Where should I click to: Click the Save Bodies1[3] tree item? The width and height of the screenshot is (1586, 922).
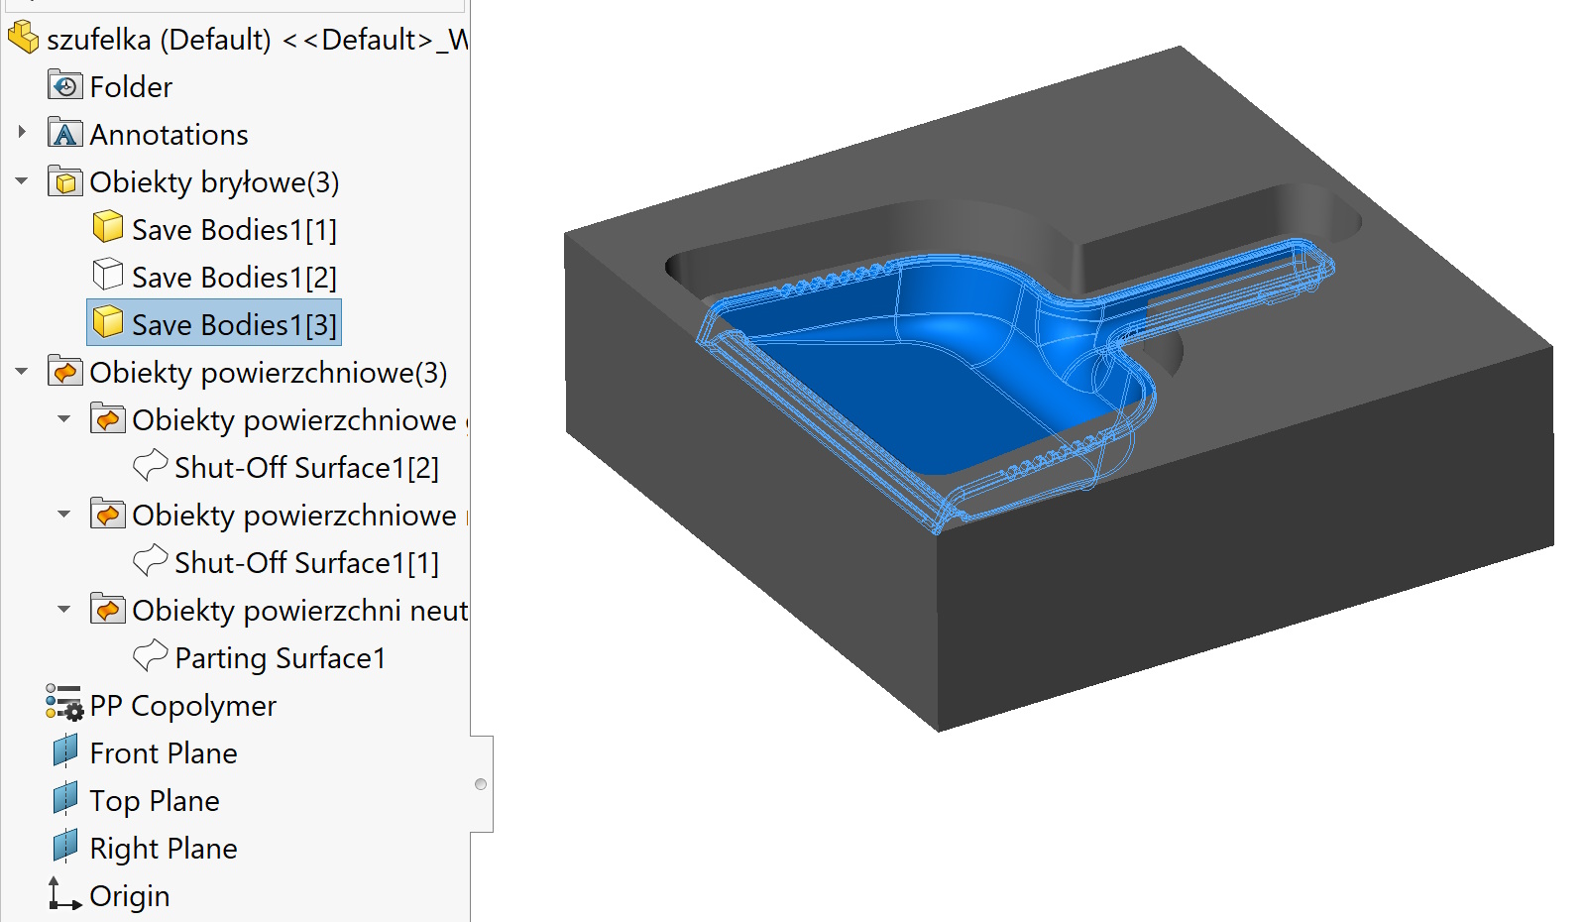[233, 324]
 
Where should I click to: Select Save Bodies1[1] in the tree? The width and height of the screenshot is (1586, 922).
[233, 229]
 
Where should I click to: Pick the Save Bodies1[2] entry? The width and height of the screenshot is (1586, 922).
[233, 277]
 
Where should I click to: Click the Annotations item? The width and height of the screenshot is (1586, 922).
[169, 134]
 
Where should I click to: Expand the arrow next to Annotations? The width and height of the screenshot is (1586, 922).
[22, 132]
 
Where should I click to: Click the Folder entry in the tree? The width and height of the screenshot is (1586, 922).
[130, 86]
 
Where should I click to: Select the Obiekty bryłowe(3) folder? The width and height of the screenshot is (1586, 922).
[213, 181]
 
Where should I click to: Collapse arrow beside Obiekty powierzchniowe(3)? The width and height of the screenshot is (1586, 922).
[22, 372]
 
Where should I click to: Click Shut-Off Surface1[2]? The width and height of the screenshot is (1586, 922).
[305, 467]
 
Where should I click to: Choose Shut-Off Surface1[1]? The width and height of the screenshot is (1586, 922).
[305, 562]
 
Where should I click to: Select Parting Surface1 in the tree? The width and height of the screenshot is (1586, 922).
[279, 657]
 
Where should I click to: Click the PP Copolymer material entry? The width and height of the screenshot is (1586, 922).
[182, 705]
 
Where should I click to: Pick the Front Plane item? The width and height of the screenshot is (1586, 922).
[163, 752]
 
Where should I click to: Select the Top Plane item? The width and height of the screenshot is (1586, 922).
[154, 800]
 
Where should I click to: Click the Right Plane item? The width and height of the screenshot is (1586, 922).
[163, 848]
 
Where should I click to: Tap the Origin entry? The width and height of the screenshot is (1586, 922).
[129, 895]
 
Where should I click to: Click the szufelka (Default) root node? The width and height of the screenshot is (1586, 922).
[159, 39]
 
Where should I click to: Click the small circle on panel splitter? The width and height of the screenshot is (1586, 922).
[481, 784]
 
